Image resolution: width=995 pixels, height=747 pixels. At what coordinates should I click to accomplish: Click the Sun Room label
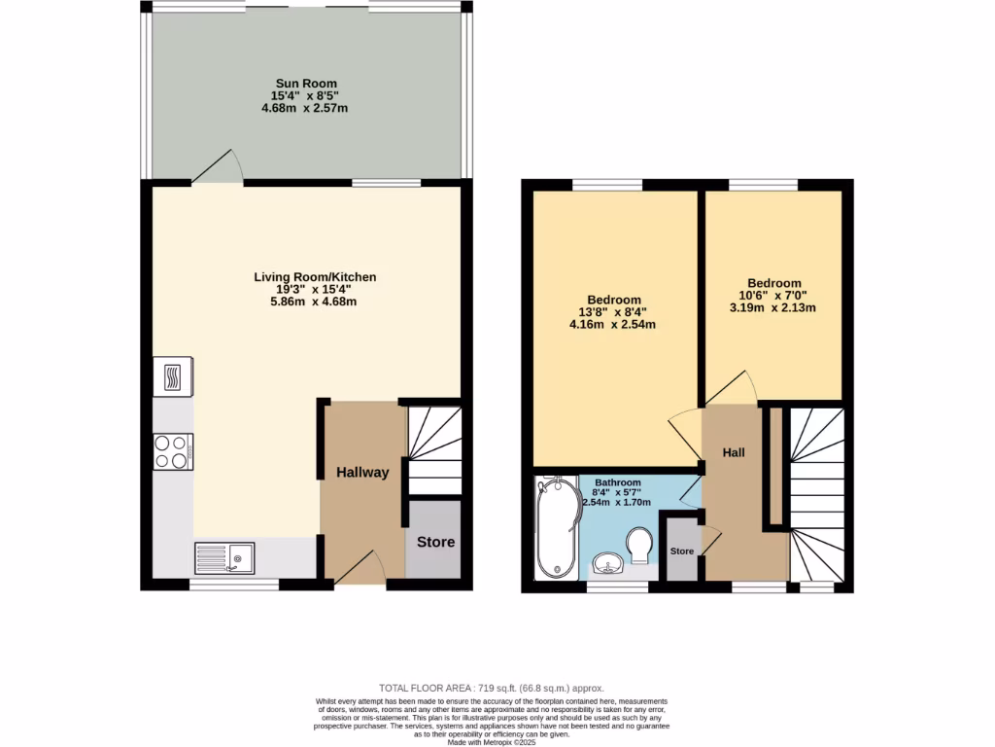(x=304, y=83)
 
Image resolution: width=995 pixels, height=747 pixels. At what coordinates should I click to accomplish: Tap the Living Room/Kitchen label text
(x=315, y=277)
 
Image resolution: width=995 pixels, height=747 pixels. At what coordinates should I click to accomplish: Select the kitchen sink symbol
(x=224, y=557)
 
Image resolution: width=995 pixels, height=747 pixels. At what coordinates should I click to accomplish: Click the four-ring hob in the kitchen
(x=173, y=451)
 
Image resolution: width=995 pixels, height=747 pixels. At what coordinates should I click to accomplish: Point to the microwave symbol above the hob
(x=173, y=376)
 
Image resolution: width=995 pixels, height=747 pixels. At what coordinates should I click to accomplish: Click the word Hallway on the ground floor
(x=362, y=473)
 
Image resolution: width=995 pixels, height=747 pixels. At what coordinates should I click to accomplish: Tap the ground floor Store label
(x=434, y=542)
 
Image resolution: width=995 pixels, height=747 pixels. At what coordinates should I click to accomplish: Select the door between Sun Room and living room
(x=217, y=167)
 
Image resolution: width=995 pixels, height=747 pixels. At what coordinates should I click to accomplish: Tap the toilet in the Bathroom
(x=639, y=545)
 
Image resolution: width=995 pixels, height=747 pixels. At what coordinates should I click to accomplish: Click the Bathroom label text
(x=618, y=481)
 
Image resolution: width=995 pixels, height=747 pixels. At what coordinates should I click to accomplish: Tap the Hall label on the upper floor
(x=734, y=452)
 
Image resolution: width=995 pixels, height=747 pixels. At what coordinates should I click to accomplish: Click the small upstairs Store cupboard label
(x=682, y=551)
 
